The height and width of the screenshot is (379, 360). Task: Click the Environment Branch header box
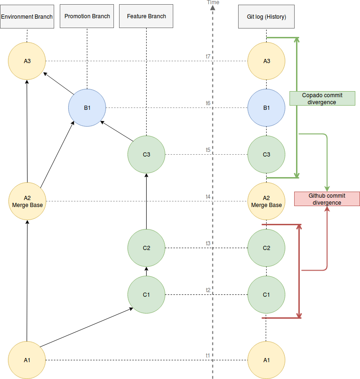click(x=27, y=16)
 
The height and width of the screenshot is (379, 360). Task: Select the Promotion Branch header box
click(x=87, y=16)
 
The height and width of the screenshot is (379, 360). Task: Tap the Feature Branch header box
click(x=146, y=16)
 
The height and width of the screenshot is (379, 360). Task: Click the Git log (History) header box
click(x=266, y=16)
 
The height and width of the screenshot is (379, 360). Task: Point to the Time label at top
click(x=213, y=2)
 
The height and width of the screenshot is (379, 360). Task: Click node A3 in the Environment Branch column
click(x=27, y=61)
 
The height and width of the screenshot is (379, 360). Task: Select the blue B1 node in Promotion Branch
click(x=87, y=108)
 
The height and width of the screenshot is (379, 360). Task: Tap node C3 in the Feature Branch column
click(x=146, y=155)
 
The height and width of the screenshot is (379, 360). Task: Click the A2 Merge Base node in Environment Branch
click(x=27, y=201)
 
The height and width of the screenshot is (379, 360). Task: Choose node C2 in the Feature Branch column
click(x=146, y=248)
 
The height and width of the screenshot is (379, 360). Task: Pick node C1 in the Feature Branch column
click(x=146, y=294)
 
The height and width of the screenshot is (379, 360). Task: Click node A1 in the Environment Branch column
click(x=27, y=360)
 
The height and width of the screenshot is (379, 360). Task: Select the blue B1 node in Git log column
click(x=266, y=108)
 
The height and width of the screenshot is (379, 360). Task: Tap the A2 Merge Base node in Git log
click(x=266, y=201)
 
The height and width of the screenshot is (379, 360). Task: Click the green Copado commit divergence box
click(x=322, y=98)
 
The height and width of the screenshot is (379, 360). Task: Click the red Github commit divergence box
click(x=327, y=199)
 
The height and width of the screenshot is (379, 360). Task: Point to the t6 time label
click(x=208, y=103)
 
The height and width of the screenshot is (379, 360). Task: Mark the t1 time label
click(x=208, y=355)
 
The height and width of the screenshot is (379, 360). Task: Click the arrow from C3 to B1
click(x=117, y=131)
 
